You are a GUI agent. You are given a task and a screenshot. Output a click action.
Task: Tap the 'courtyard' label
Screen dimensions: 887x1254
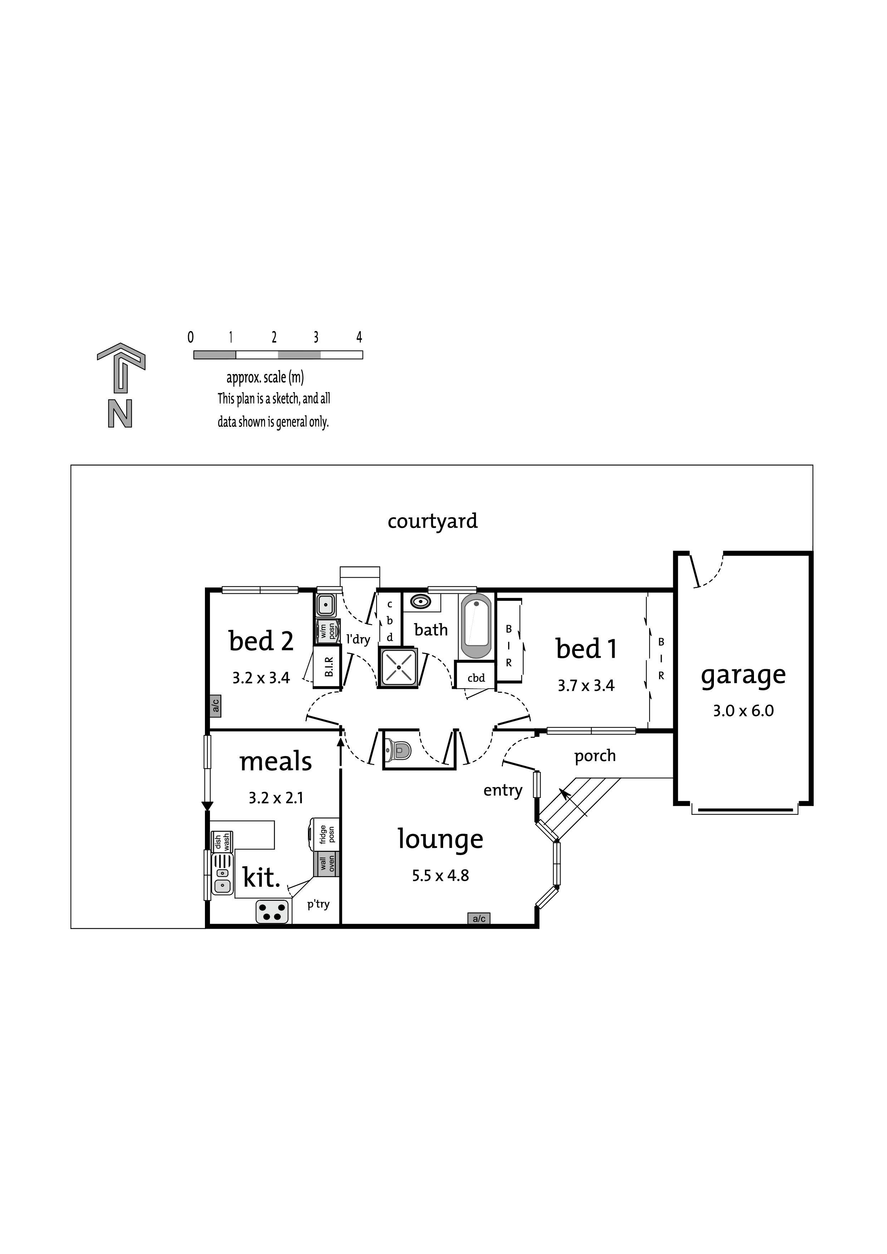tap(432, 522)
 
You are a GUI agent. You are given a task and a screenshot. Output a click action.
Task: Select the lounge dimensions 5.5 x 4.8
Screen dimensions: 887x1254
tap(441, 875)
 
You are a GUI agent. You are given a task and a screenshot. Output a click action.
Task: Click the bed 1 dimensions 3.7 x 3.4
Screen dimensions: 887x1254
tap(586, 685)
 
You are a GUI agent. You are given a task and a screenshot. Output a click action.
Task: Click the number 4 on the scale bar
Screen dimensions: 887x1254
tap(359, 337)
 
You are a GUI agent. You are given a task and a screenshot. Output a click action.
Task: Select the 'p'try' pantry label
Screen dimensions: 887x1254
tap(318, 904)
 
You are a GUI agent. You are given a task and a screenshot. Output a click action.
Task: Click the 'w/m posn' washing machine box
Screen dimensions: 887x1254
tap(327, 631)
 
